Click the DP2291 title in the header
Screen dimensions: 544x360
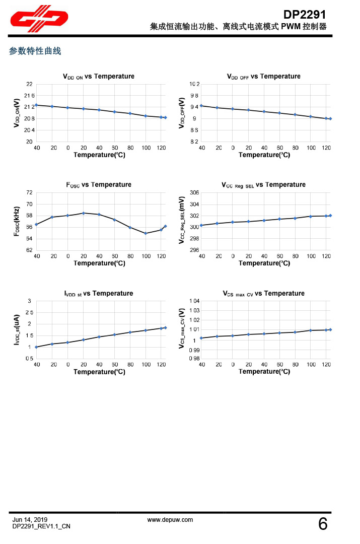pyautogui.click(x=305, y=15)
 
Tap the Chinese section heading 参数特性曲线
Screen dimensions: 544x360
pyautogui.click(x=35, y=51)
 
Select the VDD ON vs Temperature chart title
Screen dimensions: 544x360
pyautogui.click(x=99, y=77)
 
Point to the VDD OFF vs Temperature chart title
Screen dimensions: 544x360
pyautogui.click(x=264, y=77)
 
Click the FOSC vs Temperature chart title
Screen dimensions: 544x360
pyautogui.click(x=99, y=185)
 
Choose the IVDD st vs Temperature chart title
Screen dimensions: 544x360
pyautogui.click(x=99, y=293)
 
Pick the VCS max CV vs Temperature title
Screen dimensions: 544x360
pyautogui.click(x=264, y=293)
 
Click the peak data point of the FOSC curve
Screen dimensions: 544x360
pyautogui.click(x=84, y=213)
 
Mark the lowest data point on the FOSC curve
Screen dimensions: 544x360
pyautogui.click(x=146, y=233)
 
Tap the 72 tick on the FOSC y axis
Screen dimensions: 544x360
pyautogui.click(x=29, y=192)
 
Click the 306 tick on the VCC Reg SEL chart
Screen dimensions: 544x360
pyautogui.click(x=195, y=192)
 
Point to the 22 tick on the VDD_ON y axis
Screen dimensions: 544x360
pyautogui.click(x=29, y=84)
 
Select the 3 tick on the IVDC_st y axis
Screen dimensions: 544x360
pyautogui.click(x=30, y=301)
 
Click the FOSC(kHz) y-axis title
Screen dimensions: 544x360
pyautogui.click(x=17, y=221)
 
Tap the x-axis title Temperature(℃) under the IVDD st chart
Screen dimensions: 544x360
pyautogui.click(x=99, y=372)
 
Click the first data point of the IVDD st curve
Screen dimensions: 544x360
pyautogui.click(x=36, y=347)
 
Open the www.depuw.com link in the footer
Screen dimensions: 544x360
pyautogui.click(x=170, y=519)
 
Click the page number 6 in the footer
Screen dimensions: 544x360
pyautogui.click(x=323, y=524)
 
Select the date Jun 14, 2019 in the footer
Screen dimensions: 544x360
pyautogui.click(x=30, y=519)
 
